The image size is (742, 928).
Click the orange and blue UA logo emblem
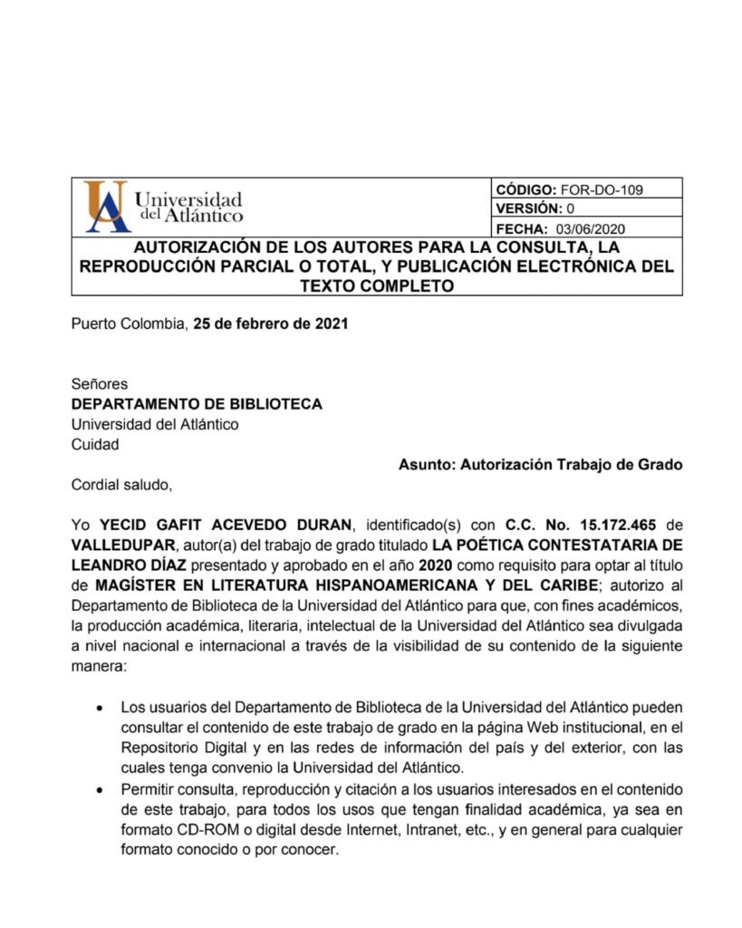coord(102,208)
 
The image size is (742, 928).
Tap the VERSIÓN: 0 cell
coord(541,209)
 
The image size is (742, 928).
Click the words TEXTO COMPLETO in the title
coord(376,286)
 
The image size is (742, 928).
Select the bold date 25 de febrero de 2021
coord(271,324)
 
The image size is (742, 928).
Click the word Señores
coord(100,384)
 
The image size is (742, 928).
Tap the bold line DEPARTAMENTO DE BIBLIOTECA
coord(197,404)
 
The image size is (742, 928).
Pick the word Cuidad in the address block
coord(94,444)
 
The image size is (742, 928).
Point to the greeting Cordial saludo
coord(121,485)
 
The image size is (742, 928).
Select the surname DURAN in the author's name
coord(325,525)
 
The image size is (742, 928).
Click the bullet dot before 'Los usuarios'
coord(98,707)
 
